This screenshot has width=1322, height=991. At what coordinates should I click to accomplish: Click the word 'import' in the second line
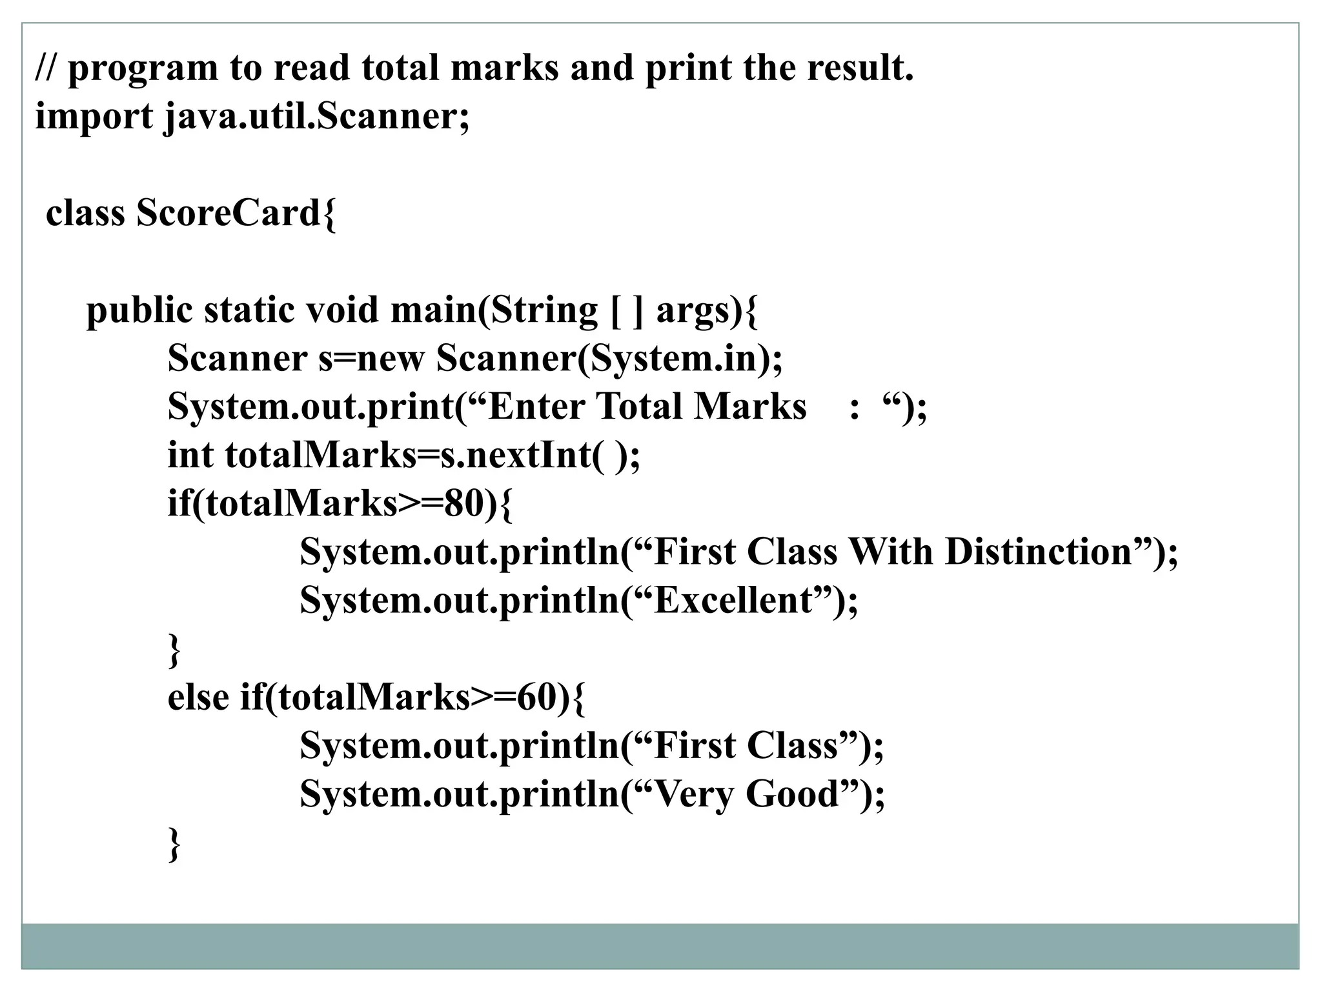pyautogui.click(x=93, y=117)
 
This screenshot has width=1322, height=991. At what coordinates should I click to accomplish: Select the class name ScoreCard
pyautogui.click(x=229, y=213)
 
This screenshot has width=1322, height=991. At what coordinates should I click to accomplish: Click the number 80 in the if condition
pyautogui.click(x=463, y=503)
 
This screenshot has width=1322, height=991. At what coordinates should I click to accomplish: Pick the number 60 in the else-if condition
pyautogui.click(x=536, y=697)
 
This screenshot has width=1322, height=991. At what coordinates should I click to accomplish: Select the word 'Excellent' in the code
pyautogui.click(x=733, y=601)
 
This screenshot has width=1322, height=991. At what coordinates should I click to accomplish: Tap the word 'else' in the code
pyautogui.click(x=198, y=697)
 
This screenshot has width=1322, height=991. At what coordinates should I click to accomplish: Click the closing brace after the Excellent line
pyautogui.click(x=174, y=650)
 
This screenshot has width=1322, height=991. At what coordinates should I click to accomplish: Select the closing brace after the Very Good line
pyautogui.click(x=174, y=844)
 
